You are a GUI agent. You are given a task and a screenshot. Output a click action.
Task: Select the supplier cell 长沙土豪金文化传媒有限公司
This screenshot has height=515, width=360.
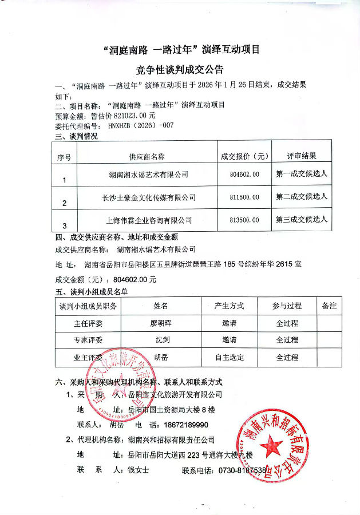(149, 197)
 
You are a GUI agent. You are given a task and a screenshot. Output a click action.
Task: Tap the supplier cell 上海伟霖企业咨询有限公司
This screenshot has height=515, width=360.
(149, 220)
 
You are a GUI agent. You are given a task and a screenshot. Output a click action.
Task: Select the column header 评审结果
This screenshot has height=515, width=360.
(302, 156)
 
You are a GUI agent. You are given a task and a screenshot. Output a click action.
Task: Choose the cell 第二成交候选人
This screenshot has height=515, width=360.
(302, 197)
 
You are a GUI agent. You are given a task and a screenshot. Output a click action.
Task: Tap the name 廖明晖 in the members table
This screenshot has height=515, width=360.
(161, 323)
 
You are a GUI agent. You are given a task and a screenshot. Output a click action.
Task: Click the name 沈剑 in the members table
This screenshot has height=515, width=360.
(161, 340)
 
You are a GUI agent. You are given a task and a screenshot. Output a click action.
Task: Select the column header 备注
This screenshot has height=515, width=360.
(330, 306)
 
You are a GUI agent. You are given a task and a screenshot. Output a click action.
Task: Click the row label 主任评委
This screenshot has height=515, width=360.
(88, 323)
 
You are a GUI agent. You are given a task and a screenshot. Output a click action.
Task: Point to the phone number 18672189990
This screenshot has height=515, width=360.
(184, 425)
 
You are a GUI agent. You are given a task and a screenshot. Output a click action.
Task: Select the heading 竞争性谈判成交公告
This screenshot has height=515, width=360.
(180, 70)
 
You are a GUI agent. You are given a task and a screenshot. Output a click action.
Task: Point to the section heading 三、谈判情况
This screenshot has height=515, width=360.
(76, 136)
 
